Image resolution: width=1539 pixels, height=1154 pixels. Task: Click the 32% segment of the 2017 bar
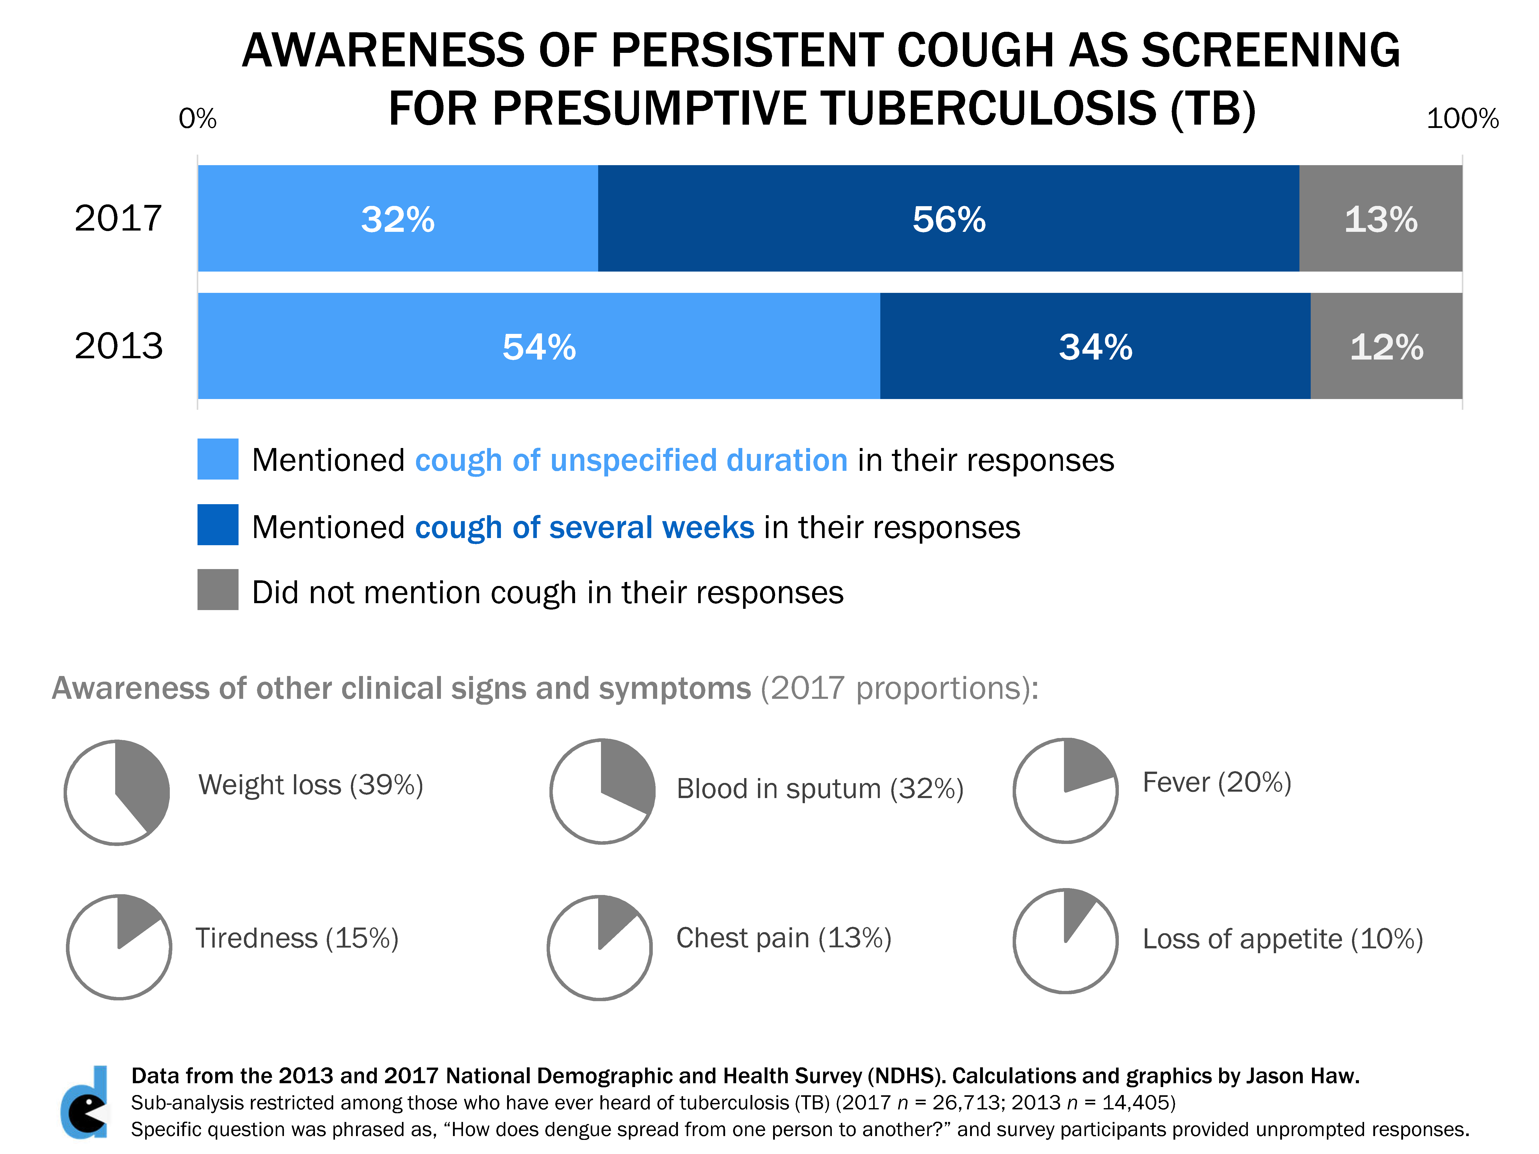pyautogui.click(x=397, y=218)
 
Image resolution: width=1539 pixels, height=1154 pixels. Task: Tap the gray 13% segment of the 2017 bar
pyautogui.click(x=1380, y=218)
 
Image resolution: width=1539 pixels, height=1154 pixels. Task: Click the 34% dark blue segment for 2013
pyautogui.click(x=1095, y=346)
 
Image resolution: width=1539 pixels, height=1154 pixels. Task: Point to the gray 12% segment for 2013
pyautogui.click(x=1386, y=346)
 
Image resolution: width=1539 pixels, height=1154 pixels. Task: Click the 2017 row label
pyautogui.click(x=118, y=218)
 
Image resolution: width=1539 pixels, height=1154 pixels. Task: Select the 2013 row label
pyautogui.click(x=118, y=346)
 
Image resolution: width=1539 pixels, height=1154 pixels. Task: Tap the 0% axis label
pyautogui.click(x=198, y=119)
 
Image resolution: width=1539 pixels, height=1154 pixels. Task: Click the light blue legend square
pyautogui.click(x=218, y=459)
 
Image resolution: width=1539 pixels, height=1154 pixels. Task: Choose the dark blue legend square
pyautogui.click(x=218, y=524)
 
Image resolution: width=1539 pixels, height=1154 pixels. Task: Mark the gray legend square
pyautogui.click(x=218, y=590)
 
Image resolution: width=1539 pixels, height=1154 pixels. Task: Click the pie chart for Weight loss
pyautogui.click(x=117, y=792)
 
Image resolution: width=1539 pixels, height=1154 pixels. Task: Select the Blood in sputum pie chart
pyautogui.click(x=603, y=792)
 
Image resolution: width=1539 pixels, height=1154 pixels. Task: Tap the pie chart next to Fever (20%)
pyautogui.click(x=1065, y=791)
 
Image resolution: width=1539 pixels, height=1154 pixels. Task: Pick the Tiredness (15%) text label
pyautogui.click(x=297, y=938)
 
